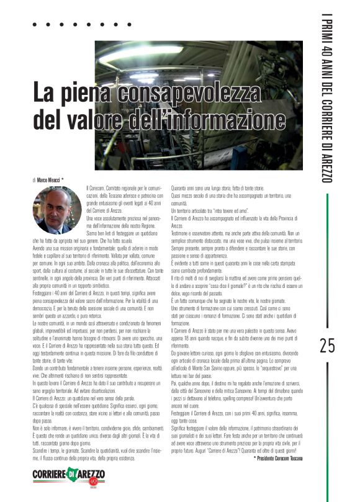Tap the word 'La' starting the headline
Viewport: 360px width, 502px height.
(44, 94)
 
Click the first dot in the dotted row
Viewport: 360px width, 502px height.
(35, 25)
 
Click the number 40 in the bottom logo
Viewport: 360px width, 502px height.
(95, 482)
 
